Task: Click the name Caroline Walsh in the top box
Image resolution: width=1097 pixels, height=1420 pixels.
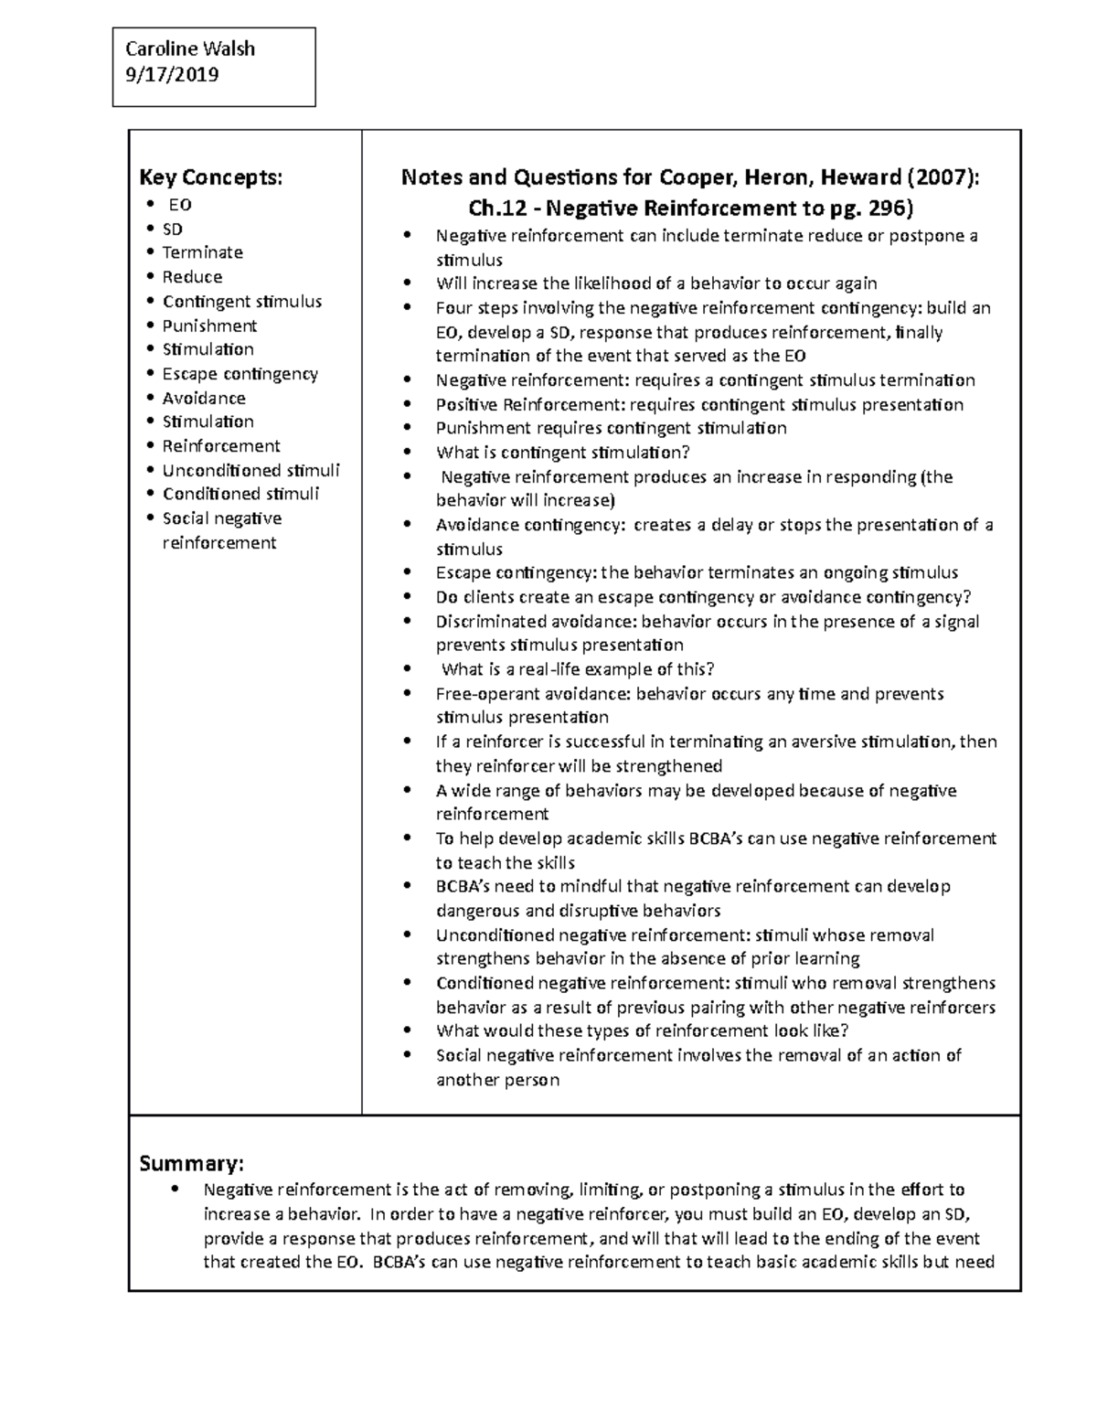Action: point(190,49)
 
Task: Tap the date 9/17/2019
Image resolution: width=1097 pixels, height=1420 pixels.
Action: point(172,75)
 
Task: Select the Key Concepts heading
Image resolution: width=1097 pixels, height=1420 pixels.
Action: point(210,176)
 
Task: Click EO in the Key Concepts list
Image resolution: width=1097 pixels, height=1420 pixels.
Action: point(179,205)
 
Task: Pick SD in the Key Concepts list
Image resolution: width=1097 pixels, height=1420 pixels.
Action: point(172,229)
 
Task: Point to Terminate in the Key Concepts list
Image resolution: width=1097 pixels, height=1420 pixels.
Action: point(202,252)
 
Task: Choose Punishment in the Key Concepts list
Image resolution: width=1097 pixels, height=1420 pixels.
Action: point(209,326)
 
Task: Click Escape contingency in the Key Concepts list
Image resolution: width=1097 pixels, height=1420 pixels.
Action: point(240,374)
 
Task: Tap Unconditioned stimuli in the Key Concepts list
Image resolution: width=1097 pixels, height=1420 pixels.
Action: point(250,470)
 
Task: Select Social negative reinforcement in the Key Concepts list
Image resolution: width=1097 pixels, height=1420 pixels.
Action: point(221,530)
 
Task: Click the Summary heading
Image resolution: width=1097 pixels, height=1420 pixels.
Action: point(191,1163)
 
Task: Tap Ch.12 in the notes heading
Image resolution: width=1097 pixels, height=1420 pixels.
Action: point(496,208)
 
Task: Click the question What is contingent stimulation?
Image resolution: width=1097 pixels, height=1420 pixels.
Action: point(562,453)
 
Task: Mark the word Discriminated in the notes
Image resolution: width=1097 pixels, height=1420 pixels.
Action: point(489,622)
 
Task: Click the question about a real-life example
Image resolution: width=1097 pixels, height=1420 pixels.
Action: point(578,669)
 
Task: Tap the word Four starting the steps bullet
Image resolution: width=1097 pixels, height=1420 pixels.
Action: point(453,308)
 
